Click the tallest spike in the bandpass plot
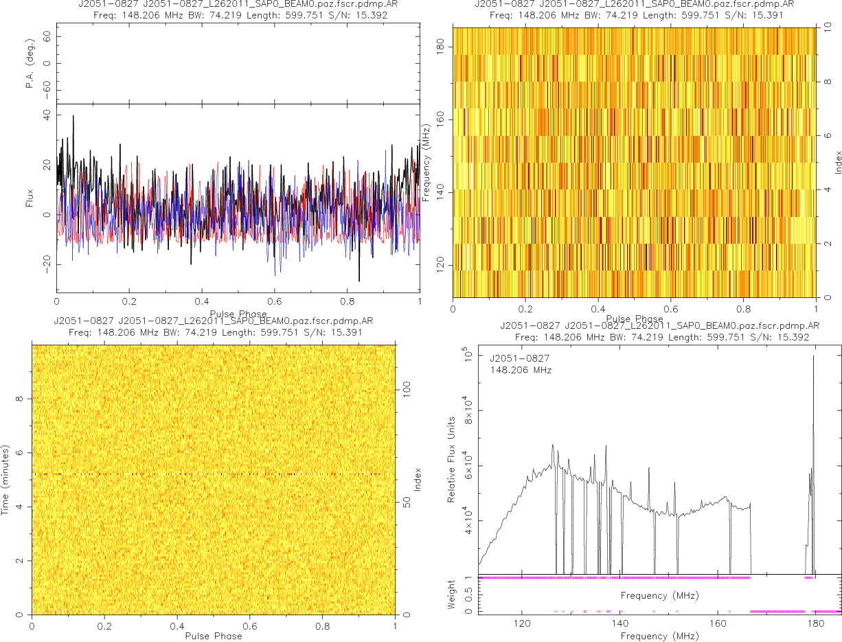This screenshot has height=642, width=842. click(814, 356)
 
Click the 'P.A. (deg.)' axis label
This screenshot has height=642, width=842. click(30, 64)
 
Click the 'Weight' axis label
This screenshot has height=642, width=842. click(452, 595)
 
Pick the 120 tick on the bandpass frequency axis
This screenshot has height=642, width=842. click(522, 625)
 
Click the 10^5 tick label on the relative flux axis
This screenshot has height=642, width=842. click(468, 356)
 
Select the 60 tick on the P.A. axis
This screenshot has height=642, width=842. click(47, 38)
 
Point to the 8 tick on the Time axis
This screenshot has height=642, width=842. click(21, 398)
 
